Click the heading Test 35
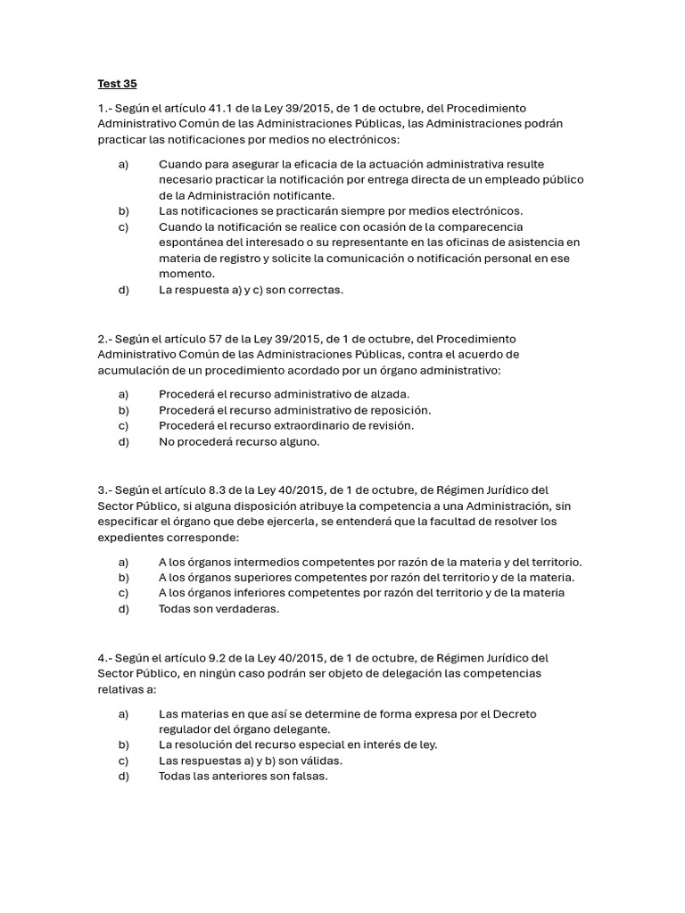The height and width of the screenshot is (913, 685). point(117,85)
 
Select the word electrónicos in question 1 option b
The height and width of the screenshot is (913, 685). point(484,210)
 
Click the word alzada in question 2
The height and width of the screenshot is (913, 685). point(389,394)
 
